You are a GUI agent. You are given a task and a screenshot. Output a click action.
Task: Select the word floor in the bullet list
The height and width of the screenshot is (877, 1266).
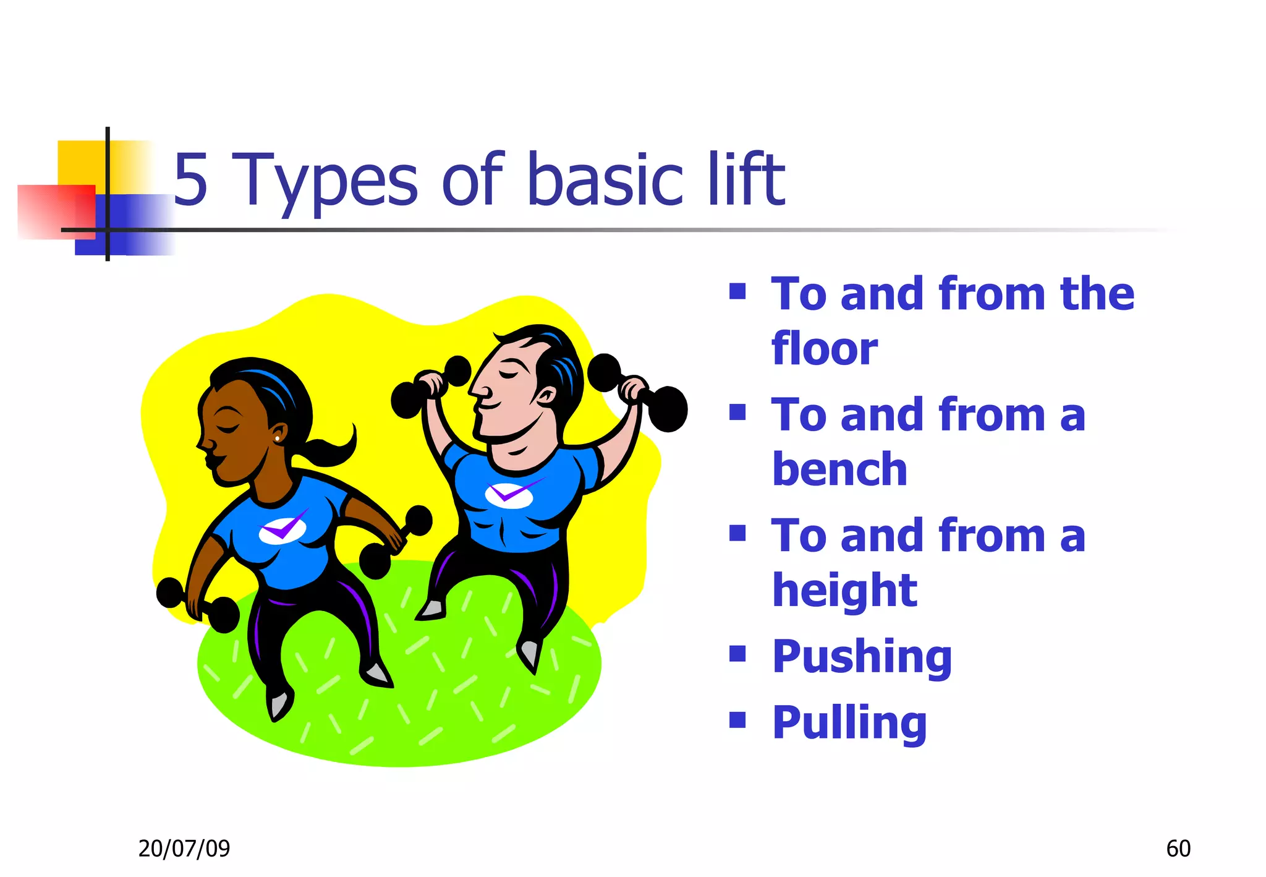(x=824, y=348)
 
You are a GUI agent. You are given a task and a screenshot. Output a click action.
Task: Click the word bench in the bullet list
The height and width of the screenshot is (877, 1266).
(x=839, y=469)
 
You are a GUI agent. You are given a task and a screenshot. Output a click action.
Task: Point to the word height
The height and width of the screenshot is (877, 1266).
(x=844, y=590)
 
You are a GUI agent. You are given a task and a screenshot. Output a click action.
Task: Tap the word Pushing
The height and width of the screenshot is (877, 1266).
(x=862, y=657)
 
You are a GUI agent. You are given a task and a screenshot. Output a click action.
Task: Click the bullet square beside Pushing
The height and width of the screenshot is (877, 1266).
(x=737, y=654)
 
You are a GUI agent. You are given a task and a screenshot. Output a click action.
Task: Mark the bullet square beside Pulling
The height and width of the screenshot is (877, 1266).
(x=737, y=719)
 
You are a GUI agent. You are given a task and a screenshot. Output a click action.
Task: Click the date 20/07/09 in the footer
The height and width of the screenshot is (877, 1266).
(x=184, y=849)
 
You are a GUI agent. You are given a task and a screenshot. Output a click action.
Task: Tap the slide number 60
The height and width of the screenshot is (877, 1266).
(x=1178, y=849)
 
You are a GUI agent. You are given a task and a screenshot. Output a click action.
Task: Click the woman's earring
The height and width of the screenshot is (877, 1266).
(x=278, y=438)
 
